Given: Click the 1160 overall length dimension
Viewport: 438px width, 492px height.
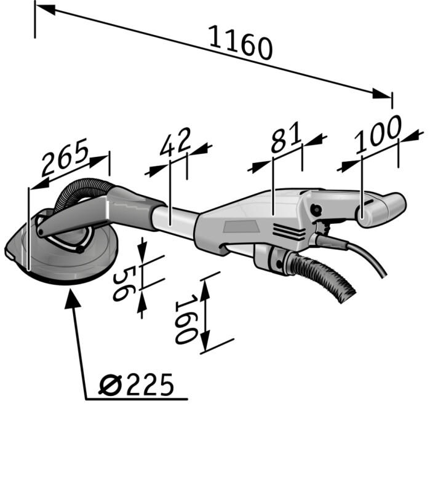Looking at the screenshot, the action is click(241, 42).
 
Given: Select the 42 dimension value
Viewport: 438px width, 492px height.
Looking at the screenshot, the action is click(175, 142).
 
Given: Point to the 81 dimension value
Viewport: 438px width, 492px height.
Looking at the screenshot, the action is click(286, 137).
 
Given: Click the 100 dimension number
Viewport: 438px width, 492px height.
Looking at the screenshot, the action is click(378, 134).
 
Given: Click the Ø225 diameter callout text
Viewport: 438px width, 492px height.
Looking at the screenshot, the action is click(136, 385).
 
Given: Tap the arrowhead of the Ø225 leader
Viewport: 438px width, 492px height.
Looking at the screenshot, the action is click(71, 297).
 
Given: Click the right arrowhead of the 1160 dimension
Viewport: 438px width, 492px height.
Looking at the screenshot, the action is click(382, 94).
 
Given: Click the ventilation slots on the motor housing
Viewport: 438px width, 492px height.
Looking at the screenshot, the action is click(289, 232).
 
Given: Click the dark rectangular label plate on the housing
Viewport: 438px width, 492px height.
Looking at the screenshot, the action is click(240, 226).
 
